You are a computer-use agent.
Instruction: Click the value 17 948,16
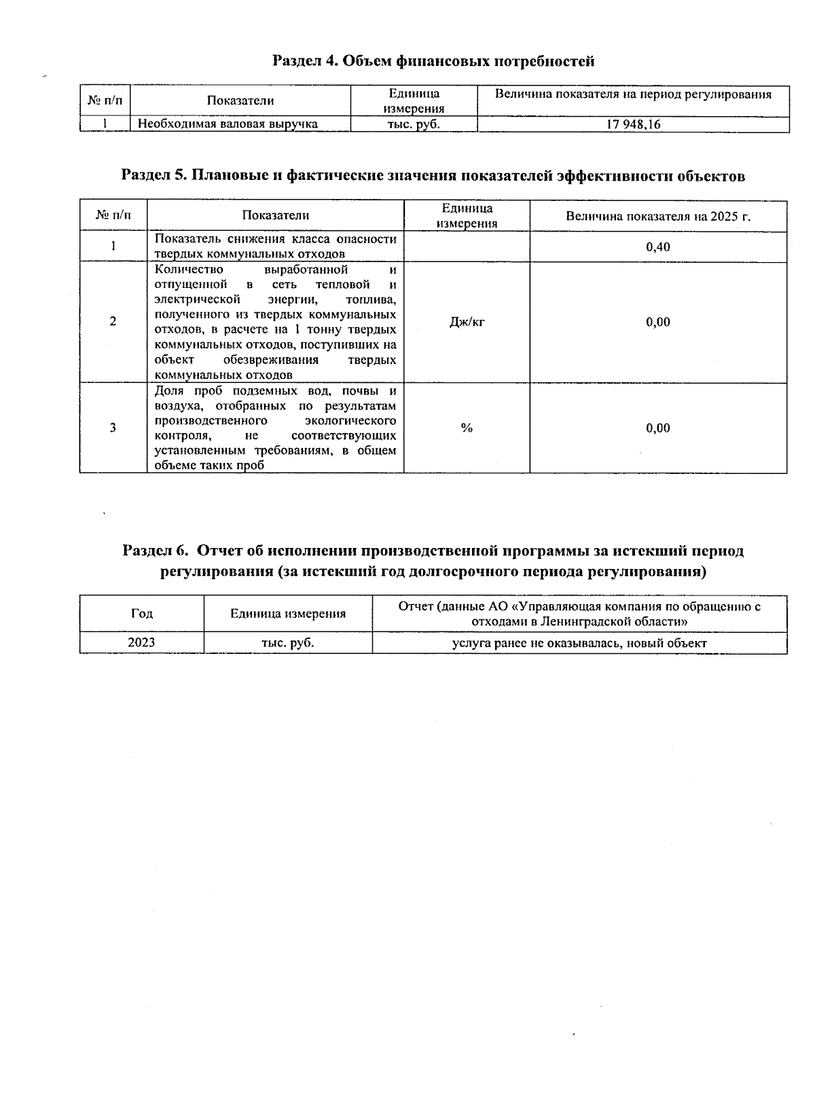(x=633, y=125)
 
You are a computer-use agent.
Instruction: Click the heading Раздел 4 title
(x=433, y=61)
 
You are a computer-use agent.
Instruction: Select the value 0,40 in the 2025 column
(x=657, y=247)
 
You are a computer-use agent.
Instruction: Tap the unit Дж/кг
(x=467, y=322)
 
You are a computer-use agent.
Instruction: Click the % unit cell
(x=467, y=428)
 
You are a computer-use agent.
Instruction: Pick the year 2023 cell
(x=141, y=642)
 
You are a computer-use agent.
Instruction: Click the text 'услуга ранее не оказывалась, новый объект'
(x=579, y=643)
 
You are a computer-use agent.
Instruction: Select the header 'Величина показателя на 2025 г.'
(x=657, y=216)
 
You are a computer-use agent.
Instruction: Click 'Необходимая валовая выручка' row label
(x=228, y=124)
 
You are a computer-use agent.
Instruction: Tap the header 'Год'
(x=141, y=613)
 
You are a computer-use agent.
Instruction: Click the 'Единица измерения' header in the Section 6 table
(x=288, y=614)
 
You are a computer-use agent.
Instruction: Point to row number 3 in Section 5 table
(x=113, y=428)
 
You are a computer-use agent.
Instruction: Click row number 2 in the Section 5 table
(x=113, y=322)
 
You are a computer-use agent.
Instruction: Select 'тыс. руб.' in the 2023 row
(x=288, y=642)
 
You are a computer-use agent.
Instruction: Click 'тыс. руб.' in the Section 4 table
(x=414, y=124)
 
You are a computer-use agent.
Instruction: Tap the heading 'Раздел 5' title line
(x=433, y=176)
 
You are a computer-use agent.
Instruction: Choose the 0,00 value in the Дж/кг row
(x=657, y=322)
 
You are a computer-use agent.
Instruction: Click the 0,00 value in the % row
(x=657, y=428)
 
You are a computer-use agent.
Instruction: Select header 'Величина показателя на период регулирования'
(x=633, y=95)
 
